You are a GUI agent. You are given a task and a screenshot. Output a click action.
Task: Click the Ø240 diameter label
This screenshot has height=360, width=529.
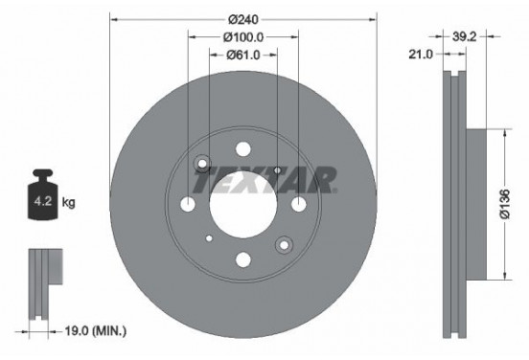242,17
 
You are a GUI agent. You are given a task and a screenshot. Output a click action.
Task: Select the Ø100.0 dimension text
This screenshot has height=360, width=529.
242,37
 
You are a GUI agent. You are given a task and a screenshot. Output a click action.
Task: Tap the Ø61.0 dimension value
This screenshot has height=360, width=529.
242,56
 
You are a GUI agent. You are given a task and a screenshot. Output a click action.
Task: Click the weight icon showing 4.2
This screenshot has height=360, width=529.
42,200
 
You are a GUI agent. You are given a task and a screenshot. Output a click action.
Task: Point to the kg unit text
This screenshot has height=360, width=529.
69,204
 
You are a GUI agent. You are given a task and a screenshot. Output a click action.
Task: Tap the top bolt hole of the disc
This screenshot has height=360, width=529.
242,151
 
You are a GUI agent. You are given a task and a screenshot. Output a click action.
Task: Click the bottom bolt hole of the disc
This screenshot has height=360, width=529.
242,258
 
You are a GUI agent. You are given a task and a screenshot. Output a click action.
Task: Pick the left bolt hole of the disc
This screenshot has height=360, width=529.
189,204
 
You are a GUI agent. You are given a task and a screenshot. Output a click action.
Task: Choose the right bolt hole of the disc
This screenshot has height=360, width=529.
296,204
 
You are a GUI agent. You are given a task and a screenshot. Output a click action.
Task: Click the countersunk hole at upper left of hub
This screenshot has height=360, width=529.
202,165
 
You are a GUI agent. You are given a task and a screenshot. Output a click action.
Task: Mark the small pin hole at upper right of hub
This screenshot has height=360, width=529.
276,170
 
